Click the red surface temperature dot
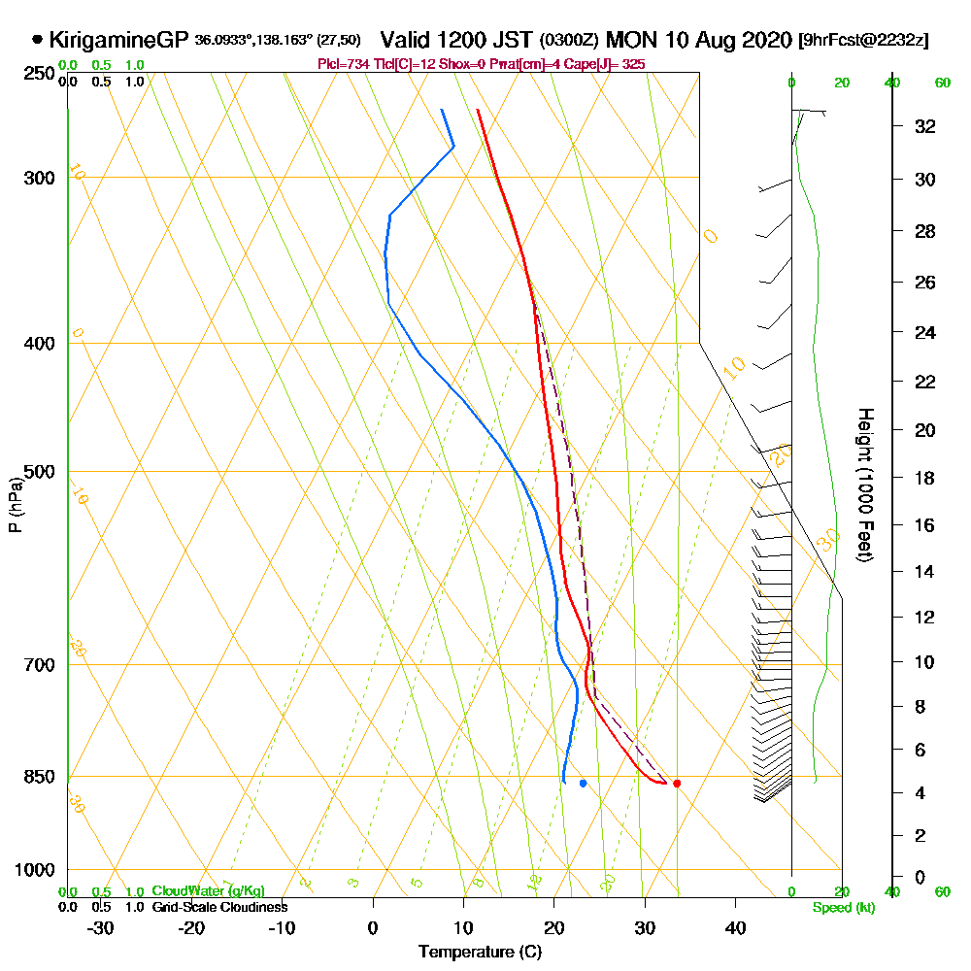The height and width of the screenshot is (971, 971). point(677,783)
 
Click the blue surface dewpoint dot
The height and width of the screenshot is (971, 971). point(583,783)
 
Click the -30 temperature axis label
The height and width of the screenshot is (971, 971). point(101,927)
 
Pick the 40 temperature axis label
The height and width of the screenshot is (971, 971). point(735,927)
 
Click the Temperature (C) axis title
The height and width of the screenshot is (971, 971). point(480,953)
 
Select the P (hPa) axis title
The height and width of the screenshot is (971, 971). point(15,505)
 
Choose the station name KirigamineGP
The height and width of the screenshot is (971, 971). point(118,41)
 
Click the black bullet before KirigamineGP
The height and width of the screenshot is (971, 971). point(38,41)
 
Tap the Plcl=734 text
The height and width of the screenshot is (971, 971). point(342,64)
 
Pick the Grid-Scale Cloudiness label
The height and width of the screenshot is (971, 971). point(219,907)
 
